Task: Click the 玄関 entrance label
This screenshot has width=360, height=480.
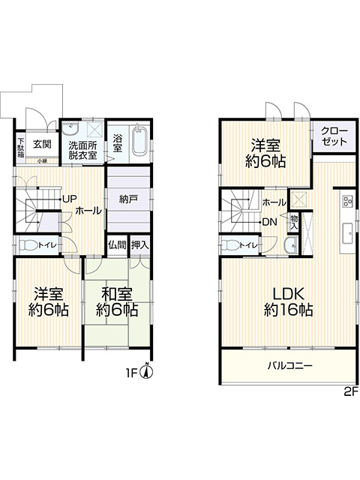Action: [42, 143]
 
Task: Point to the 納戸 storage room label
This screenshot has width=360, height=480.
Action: [128, 199]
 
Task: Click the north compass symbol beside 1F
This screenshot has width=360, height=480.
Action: [147, 370]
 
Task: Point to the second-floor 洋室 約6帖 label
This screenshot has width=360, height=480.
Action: [265, 153]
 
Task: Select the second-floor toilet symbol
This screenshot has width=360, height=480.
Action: [232, 244]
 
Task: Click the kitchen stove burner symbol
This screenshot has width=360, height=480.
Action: [347, 201]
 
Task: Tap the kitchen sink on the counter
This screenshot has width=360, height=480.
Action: [347, 232]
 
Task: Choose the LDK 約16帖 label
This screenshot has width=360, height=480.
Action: [288, 300]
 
